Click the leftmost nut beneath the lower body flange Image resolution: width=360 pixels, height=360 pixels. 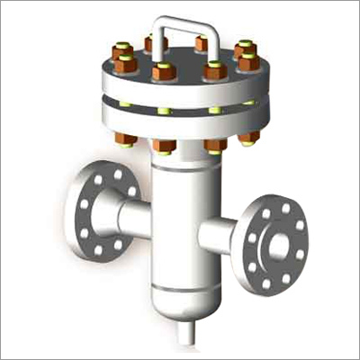click(x=125, y=139)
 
